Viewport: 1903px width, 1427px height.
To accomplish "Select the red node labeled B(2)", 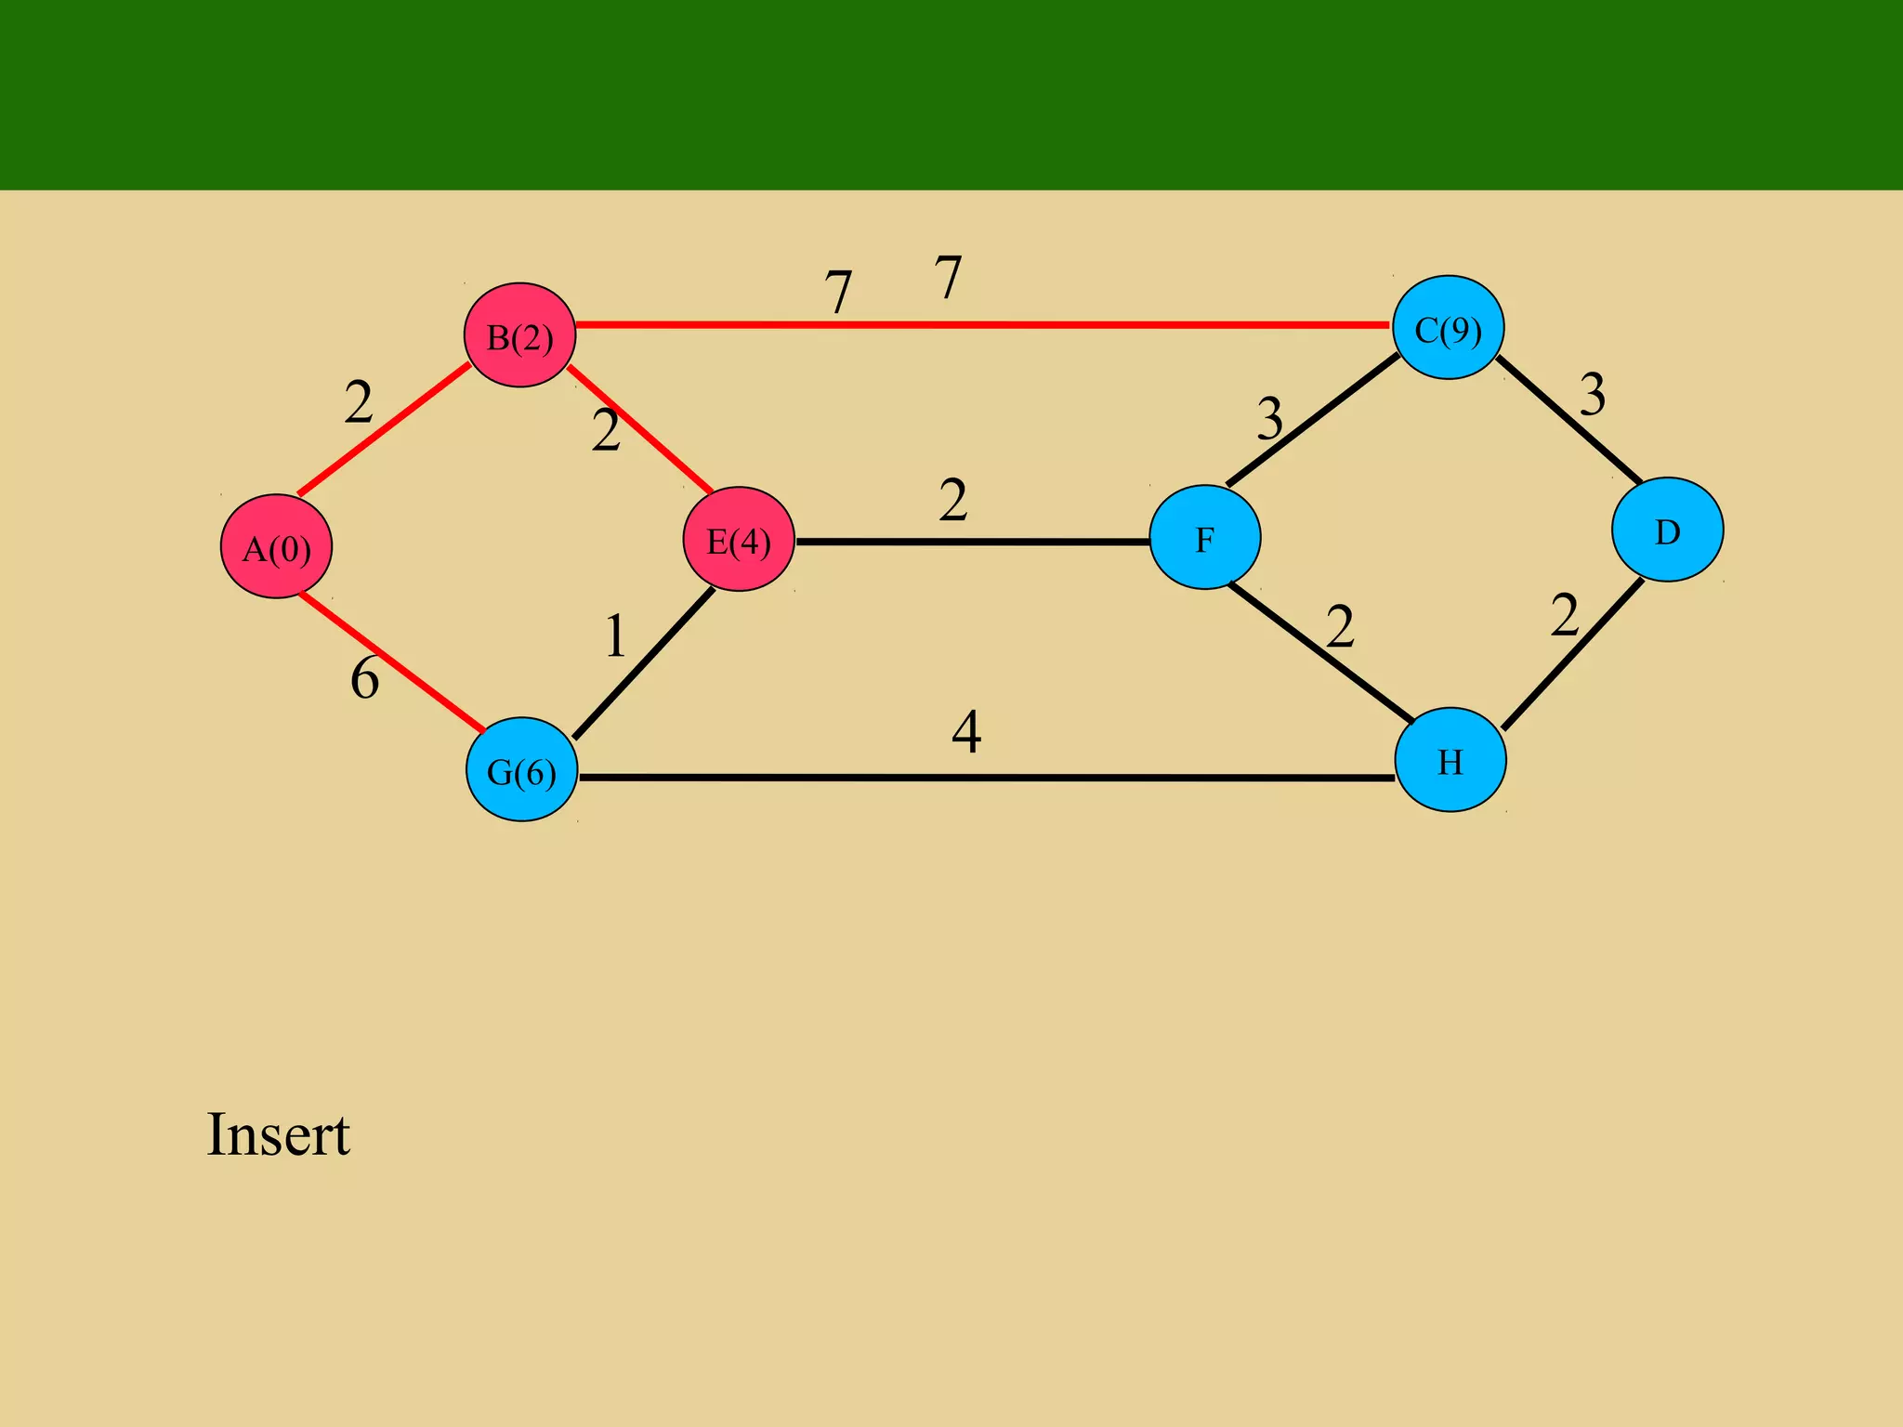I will pos(519,335).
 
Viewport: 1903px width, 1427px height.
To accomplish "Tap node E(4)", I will pos(739,539).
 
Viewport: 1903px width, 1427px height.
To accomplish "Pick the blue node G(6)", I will pos(521,769).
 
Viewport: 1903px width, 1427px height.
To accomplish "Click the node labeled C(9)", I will pos(1448,327).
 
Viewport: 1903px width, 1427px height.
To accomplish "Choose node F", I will pos(1204,537).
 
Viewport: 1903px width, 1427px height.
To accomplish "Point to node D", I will pos(1667,530).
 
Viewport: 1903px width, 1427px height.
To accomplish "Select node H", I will pos(1450,760).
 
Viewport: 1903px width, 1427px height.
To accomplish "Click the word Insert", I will pos(278,1134).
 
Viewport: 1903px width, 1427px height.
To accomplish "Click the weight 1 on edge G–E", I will pos(615,637).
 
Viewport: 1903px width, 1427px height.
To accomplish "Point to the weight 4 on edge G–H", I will pos(966,732).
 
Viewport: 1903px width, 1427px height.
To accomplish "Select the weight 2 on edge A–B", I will pos(359,403).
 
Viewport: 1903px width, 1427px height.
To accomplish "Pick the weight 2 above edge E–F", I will pos(953,501).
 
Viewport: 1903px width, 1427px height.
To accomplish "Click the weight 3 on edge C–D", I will pos(1593,395).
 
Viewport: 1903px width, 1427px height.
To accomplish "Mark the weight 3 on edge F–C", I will pos(1269,418).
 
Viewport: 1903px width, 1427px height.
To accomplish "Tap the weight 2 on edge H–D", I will pos(1565,616).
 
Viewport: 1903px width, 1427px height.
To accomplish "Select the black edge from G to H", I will pos(985,778).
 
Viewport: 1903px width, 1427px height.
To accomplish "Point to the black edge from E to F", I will pos(972,541).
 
